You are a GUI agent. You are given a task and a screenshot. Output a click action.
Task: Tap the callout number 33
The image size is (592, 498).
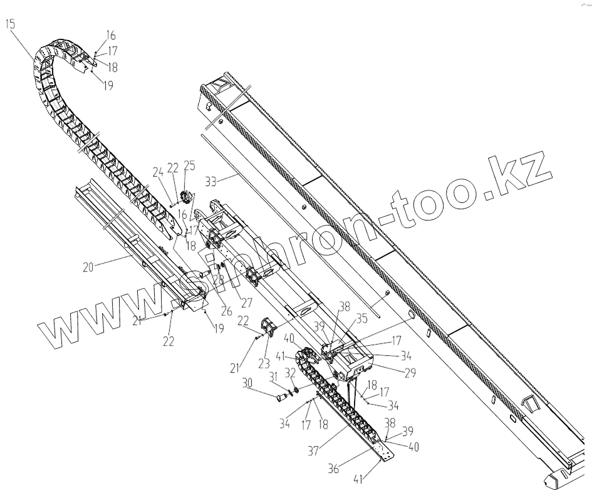212,182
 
